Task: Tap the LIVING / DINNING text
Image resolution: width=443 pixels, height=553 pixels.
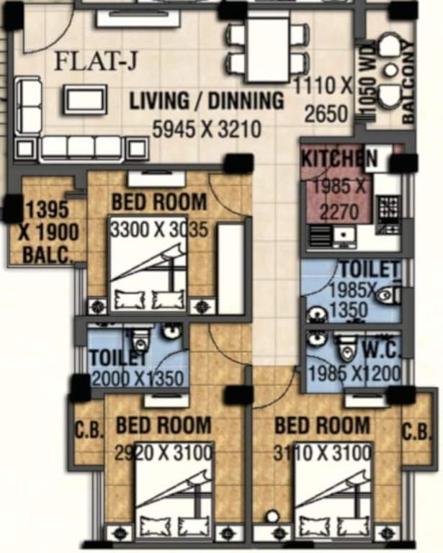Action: [207, 101]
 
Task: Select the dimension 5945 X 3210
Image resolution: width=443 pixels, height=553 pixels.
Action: [206, 130]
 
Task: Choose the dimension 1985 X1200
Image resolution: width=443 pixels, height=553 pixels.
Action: [353, 374]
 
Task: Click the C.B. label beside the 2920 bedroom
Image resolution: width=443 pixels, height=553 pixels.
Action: [89, 431]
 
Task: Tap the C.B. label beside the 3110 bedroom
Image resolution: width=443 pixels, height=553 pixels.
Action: [416, 431]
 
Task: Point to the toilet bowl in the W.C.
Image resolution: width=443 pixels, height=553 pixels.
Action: [348, 348]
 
